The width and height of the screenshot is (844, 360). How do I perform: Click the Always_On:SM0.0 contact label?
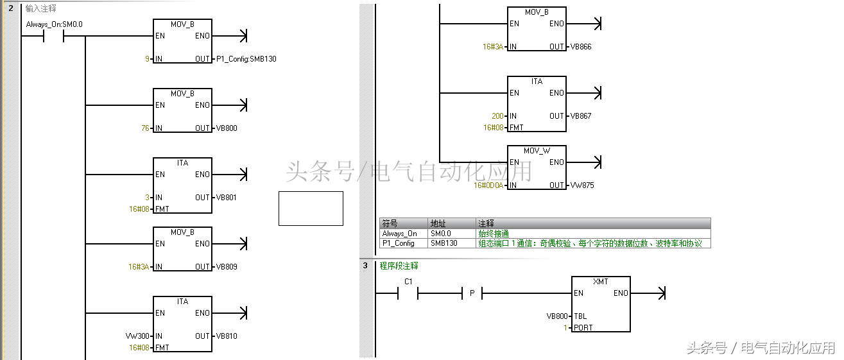[54, 24]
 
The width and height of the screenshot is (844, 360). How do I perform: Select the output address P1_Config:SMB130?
[246, 59]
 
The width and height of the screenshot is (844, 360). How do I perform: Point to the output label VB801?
[227, 198]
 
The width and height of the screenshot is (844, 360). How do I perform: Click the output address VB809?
[227, 267]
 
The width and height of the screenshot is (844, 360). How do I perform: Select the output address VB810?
[227, 336]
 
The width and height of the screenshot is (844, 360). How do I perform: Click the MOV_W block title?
[537, 151]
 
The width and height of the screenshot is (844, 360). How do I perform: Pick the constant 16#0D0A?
[489, 185]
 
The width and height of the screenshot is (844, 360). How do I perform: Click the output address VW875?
[583, 185]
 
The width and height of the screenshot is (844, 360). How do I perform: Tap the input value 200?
[497, 116]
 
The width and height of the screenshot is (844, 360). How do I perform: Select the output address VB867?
[581, 116]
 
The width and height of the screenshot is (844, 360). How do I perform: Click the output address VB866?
[581, 47]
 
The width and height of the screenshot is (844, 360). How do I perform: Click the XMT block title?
[601, 282]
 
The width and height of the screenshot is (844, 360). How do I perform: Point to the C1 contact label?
[408, 282]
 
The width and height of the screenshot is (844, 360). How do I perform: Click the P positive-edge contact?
[472, 293]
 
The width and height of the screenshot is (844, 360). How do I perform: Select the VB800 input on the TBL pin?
[557, 316]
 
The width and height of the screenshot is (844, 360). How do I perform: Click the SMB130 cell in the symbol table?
[444, 244]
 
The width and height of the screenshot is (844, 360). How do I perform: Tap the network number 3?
[365, 266]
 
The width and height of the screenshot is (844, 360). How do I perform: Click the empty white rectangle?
[311, 209]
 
